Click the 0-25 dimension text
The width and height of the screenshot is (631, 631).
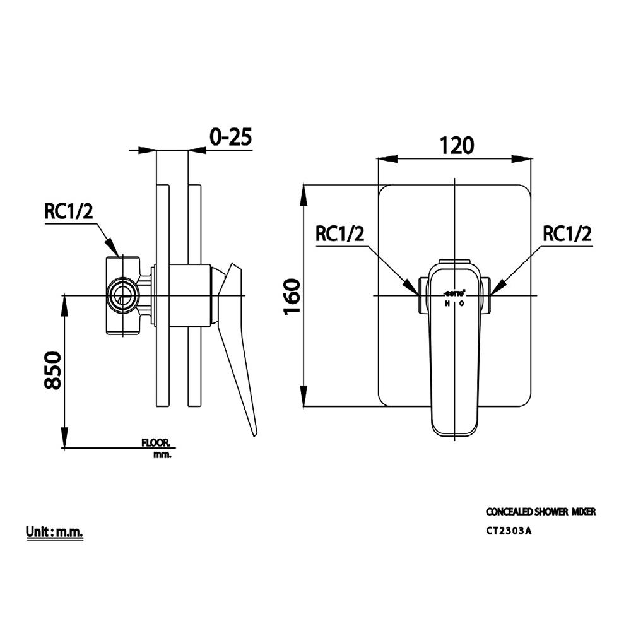[230, 138]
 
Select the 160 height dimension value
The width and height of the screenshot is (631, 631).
[292, 297]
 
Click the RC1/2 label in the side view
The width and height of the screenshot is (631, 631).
[68, 211]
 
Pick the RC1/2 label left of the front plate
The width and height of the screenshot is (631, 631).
[339, 234]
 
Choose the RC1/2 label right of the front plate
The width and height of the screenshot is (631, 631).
[567, 234]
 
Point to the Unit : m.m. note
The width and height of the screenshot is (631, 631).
[55, 532]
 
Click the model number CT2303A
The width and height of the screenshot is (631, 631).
[509, 530]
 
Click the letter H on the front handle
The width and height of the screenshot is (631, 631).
[447, 304]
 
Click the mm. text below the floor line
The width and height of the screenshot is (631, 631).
[162, 454]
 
